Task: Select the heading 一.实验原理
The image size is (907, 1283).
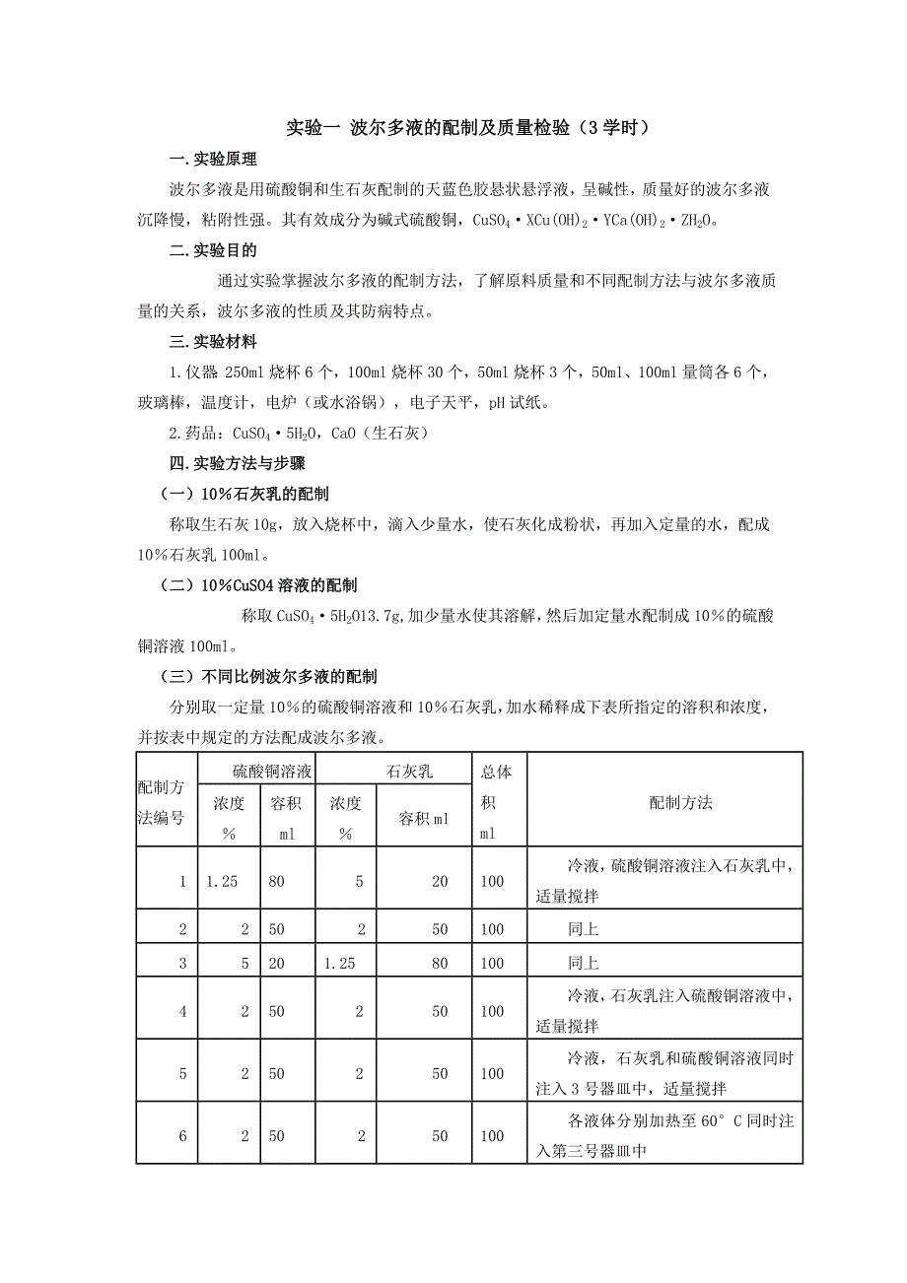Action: [213, 159]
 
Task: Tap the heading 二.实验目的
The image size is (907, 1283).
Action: [213, 251]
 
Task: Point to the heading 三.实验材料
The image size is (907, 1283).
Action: [213, 342]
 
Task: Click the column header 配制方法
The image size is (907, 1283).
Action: [679, 802]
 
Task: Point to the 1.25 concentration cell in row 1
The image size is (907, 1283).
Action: [223, 882]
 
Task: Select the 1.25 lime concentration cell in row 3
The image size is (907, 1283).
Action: [339, 963]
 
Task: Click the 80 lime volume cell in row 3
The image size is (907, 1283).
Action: [440, 963]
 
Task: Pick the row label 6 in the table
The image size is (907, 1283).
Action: [182, 1136]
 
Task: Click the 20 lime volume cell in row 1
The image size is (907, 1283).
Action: [440, 882]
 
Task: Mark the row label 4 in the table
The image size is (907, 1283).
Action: [182, 1011]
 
